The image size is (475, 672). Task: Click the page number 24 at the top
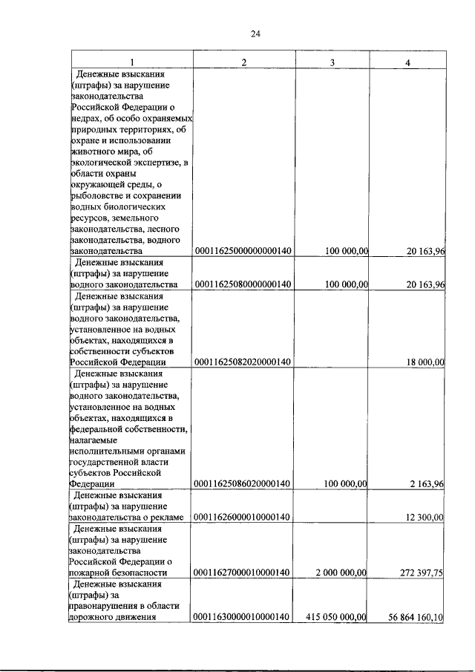click(255, 33)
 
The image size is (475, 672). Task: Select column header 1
click(132, 61)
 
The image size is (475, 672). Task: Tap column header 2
click(243, 61)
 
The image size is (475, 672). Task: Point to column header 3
click(332, 61)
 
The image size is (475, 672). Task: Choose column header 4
click(407, 61)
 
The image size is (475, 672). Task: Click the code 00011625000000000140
click(242, 252)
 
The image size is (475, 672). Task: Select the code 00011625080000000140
click(242, 284)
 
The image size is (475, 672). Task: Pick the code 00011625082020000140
click(242, 362)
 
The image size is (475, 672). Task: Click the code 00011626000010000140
click(242, 517)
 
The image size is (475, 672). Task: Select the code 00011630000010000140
click(242, 616)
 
